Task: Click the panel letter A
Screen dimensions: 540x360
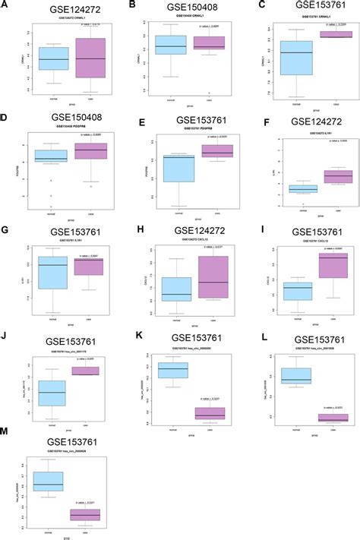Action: click(x=5, y=6)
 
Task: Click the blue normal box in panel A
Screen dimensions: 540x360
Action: click(x=54, y=58)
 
